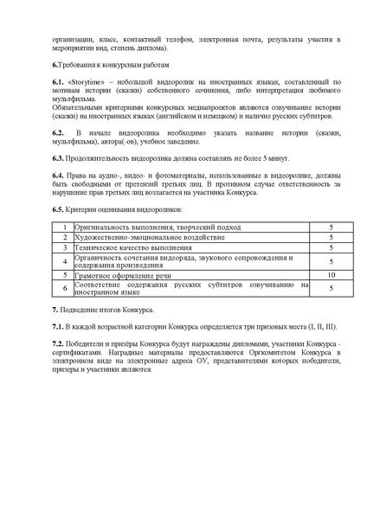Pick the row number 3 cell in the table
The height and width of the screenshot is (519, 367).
pos(64,247)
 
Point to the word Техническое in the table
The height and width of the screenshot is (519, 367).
pos(93,247)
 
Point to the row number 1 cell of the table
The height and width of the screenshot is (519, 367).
pos(64,227)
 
